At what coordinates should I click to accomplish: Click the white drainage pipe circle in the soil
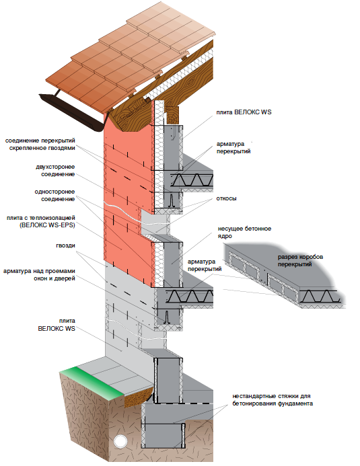pyautogui.click(x=120, y=440)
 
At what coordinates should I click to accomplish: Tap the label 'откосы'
pyautogui.click(x=227, y=198)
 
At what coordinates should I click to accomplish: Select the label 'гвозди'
pyautogui.click(x=65, y=245)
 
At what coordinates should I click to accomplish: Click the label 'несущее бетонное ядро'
pyautogui.click(x=244, y=233)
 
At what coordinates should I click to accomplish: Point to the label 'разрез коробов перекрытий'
pyautogui.click(x=300, y=260)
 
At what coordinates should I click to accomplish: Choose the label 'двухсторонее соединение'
pyautogui.click(x=55, y=171)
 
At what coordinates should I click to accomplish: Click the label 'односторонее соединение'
pyautogui.click(x=55, y=195)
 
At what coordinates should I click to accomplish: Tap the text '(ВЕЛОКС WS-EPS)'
pyautogui.click(x=47, y=225)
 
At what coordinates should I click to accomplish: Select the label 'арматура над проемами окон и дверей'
pyautogui.click(x=39, y=274)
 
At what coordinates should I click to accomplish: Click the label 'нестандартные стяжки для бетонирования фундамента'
pyautogui.click(x=273, y=399)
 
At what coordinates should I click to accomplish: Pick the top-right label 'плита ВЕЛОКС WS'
pyautogui.click(x=244, y=112)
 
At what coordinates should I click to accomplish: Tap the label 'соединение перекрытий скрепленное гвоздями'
pyautogui.click(x=40, y=144)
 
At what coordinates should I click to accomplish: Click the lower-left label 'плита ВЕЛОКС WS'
pyautogui.click(x=57, y=325)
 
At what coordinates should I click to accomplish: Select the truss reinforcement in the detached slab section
pyautogui.click(x=318, y=297)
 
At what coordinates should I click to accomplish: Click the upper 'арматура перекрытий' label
pyautogui.click(x=233, y=147)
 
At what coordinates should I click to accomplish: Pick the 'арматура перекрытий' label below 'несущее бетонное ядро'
pyautogui.click(x=205, y=265)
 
